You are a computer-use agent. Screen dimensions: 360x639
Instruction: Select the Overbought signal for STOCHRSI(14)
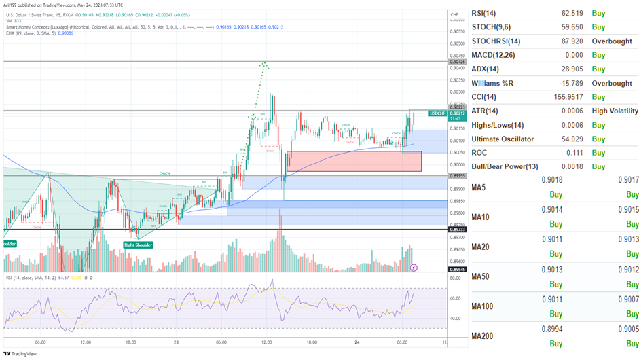pyautogui.click(x=611, y=41)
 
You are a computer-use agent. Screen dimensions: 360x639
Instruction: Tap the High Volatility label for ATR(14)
pyautogui.click(x=615, y=111)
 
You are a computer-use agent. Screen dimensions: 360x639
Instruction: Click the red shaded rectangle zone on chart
pyautogui.click(x=353, y=161)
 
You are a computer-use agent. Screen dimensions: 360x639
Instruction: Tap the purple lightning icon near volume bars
pyautogui.click(x=414, y=268)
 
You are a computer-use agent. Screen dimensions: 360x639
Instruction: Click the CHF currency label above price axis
pyautogui.click(x=454, y=14)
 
